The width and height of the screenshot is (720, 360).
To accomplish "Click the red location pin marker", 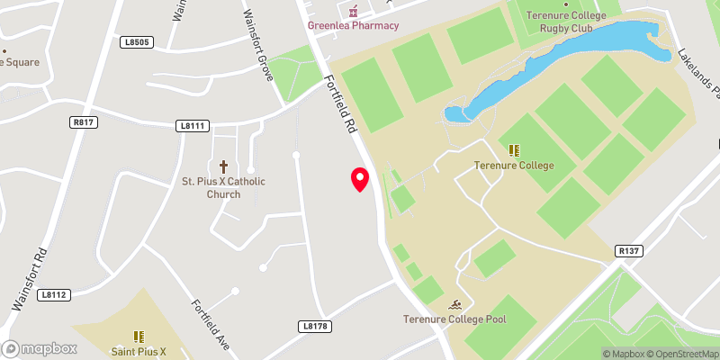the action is pos(360,178).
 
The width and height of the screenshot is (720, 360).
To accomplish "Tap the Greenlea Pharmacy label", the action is pos(354,25).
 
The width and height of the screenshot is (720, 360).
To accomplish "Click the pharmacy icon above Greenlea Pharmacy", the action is pos(354,10).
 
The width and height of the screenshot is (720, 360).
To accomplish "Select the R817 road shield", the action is pos(84,123).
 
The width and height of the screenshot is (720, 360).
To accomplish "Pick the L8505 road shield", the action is pos(139,42).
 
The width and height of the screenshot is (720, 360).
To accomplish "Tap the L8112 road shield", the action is pos(55,294).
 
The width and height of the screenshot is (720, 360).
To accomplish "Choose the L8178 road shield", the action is pos(315,326).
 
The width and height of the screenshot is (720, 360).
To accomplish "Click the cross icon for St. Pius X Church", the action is pos(223,166).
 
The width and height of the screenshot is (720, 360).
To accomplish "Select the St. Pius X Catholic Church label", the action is pos(223,187).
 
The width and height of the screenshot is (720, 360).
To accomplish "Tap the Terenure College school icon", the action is pos(514,150).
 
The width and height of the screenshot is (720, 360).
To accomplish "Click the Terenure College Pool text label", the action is pos(455,319).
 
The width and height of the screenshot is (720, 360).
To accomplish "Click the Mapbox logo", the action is pos(39,348).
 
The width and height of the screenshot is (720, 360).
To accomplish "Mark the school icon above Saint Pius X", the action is pos(139,337).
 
